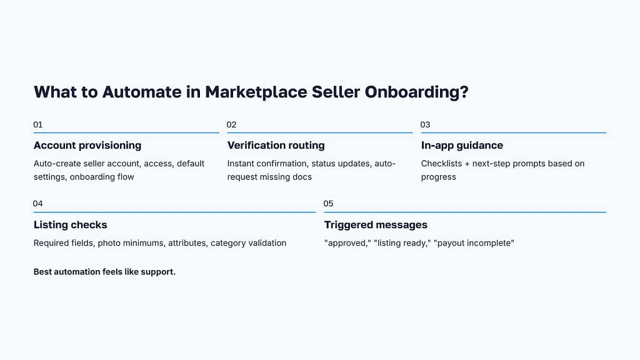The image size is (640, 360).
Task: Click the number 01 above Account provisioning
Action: tap(38, 125)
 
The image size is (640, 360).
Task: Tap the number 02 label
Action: tap(232, 125)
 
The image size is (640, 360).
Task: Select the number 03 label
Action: tap(426, 125)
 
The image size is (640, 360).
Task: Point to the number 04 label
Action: tap(38, 204)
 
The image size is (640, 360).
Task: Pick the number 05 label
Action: tap(329, 204)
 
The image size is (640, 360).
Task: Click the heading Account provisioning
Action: tap(87, 146)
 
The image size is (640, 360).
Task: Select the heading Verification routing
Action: tap(276, 146)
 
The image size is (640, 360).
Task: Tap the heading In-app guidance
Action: tap(462, 146)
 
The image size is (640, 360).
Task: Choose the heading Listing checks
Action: tap(71, 225)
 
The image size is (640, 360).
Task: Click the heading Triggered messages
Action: tap(376, 225)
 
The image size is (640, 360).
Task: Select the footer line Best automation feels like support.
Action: tap(104, 272)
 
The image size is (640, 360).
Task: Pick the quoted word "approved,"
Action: tap(347, 242)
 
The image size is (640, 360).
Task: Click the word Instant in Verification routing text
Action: tap(242, 164)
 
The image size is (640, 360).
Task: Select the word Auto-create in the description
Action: tap(58, 164)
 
